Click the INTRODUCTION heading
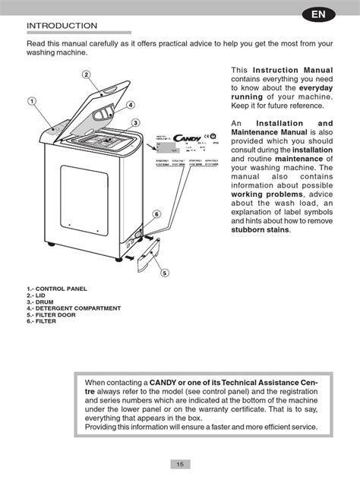click(x=62, y=26)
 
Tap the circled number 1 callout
click(x=33, y=101)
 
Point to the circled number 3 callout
click(x=134, y=123)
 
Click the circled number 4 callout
click(x=131, y=105)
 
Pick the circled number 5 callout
click(x=164, y=273)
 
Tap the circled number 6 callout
click(x=156, y=215)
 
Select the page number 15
click(x=179, y=464)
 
